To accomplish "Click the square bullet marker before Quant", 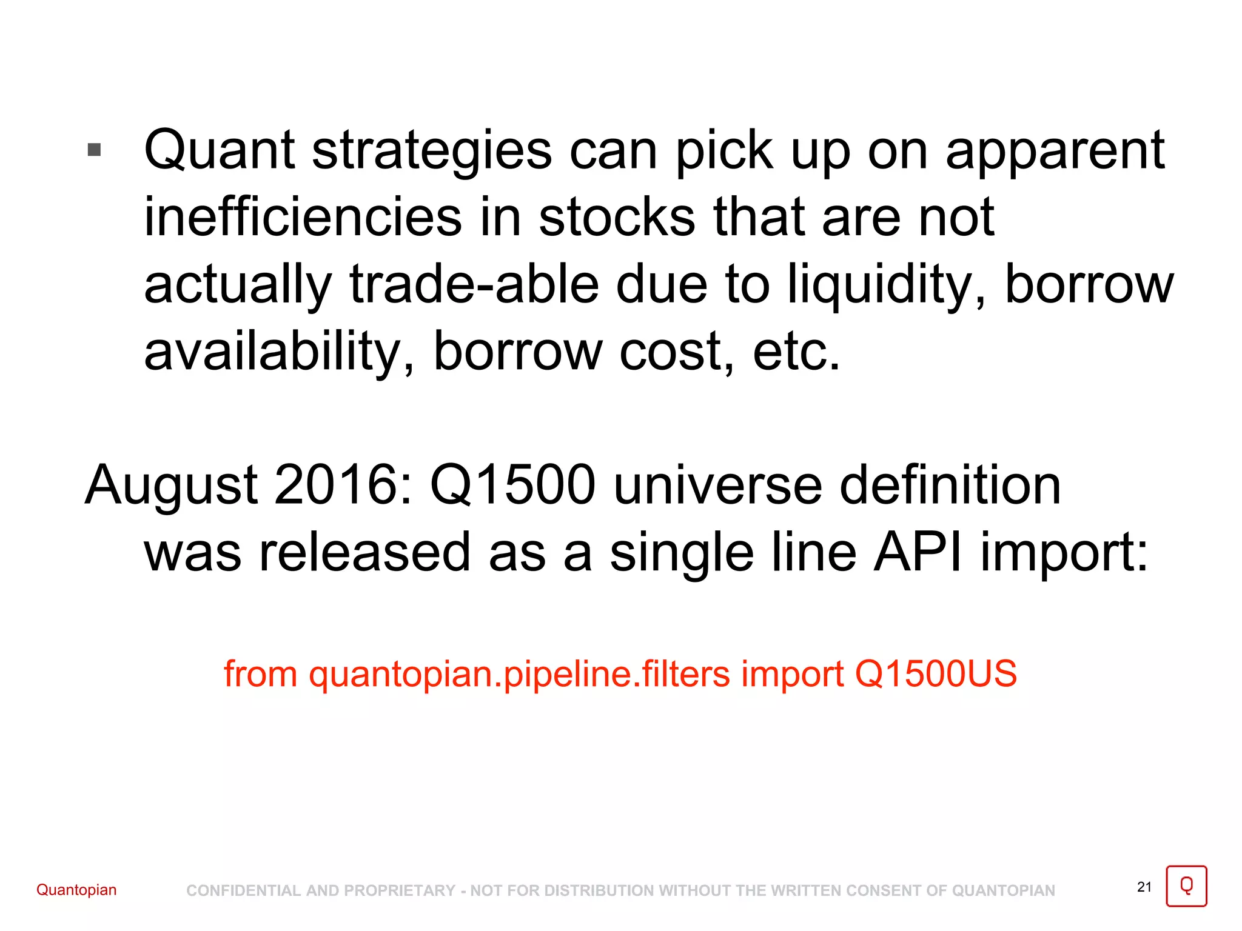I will (x=94, y=149).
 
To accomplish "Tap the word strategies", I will (x=432, y=152).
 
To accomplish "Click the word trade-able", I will (x=474, y=285).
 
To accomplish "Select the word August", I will (x=172, y=486).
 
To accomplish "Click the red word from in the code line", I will (x=261, y=674).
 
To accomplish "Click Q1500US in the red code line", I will (x=936, y=674).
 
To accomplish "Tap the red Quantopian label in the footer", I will (x=76, y=890).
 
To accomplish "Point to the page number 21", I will (x=1144, y=887).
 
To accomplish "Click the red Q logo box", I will (x=1186, y=886).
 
